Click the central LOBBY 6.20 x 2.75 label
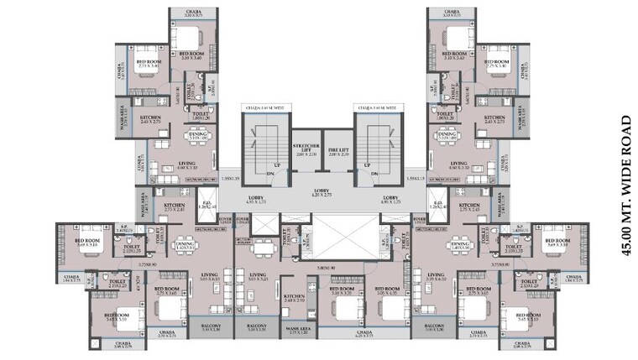(x=320, y=193)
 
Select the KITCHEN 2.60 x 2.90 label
(x=293, y=298)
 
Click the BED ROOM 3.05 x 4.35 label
(x=387, y=291)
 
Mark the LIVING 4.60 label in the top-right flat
(x=458, y=165)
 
